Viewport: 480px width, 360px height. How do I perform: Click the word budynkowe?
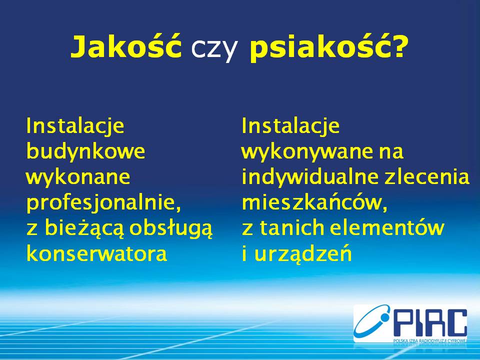[85, 151]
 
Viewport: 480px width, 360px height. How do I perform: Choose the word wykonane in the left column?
[78, 177]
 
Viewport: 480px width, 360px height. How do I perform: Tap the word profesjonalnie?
[104, 202]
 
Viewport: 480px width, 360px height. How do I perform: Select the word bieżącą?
[84, 228]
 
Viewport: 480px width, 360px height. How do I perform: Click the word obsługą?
[171, 228]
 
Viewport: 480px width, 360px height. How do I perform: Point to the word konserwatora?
[96, 254]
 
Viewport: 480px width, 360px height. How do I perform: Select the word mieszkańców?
[314, 202]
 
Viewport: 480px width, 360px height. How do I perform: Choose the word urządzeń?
[303, 254]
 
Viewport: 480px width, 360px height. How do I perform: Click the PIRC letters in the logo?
[429, 322]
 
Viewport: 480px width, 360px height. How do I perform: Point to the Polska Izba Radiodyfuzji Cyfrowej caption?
[430, 340]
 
